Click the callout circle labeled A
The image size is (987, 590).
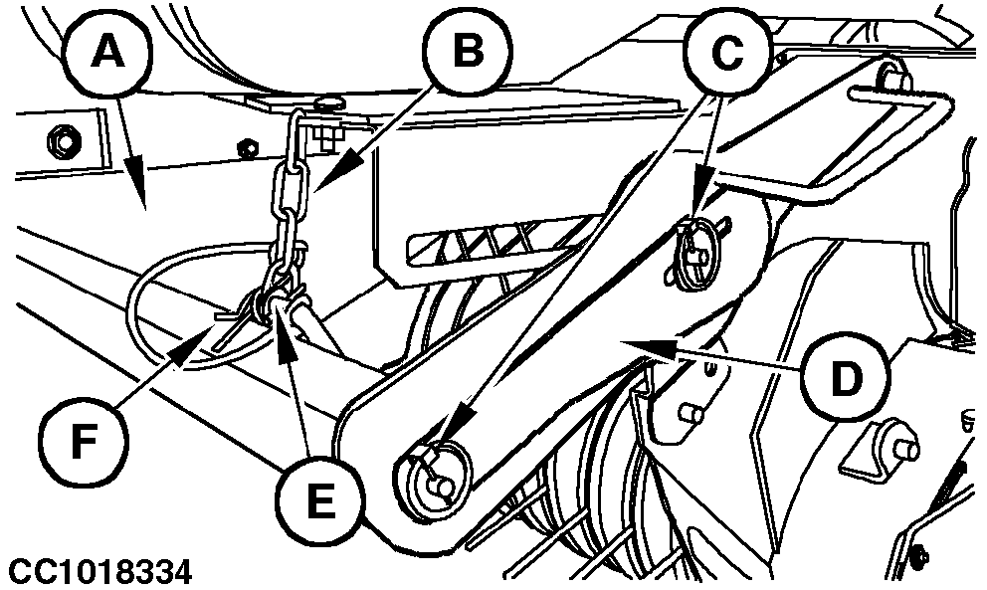(x=108, y=52)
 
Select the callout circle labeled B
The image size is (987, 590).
(x=468, y=51)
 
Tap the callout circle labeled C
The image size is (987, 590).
(x=728, y=53)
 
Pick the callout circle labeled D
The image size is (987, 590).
(x=846, y=379)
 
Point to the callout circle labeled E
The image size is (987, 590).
(x=321, y=501)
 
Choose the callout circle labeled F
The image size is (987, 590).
(x=84, y=442)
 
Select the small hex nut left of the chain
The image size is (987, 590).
(x=247, y=148)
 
